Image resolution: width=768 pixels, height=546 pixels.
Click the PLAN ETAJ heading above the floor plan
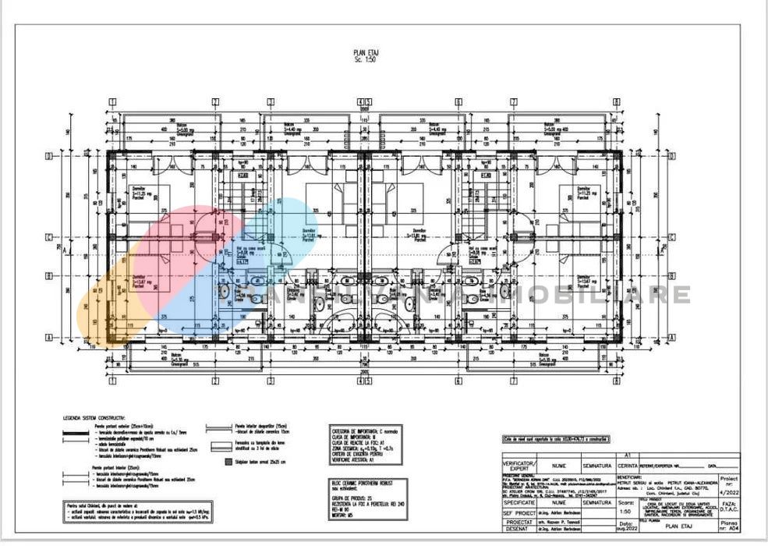pos(366,52)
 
